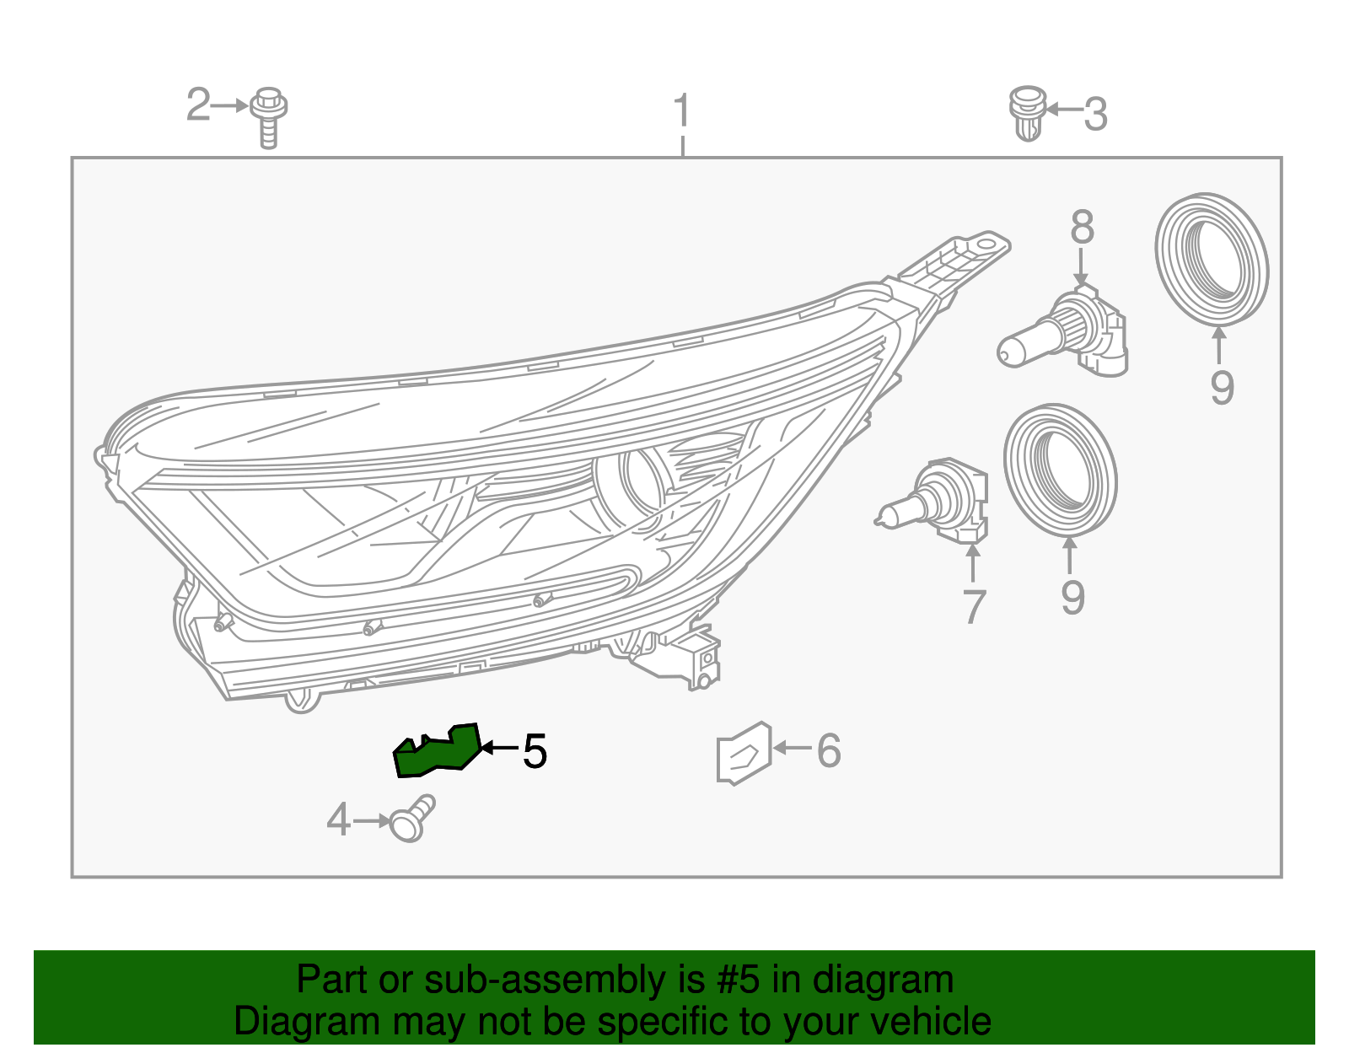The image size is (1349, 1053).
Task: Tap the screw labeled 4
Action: [411, 819]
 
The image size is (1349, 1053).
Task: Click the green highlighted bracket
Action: [438, 750]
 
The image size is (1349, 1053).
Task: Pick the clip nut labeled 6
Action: [743, 752]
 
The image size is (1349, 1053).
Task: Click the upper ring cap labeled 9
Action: [1212, 259]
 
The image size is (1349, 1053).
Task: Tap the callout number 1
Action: [682, 111]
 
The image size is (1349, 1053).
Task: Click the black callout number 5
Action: [535, 750]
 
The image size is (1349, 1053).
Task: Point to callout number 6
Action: [829, 750]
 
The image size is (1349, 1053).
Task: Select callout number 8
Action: [1082, 228]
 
